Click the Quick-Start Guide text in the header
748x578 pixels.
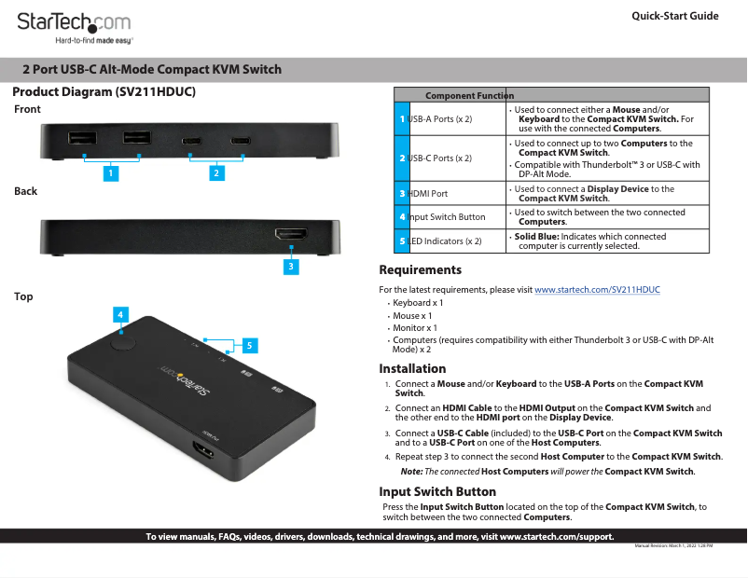point(674,16)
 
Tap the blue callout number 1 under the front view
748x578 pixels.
point(111,172)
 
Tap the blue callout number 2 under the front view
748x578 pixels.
point(216,172)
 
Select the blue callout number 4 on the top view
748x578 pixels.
point(121,315)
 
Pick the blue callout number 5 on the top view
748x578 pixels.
point(249,345)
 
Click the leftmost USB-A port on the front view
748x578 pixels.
point(82,139)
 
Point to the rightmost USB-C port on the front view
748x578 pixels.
point(241,142)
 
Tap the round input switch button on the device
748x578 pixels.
point(122,340)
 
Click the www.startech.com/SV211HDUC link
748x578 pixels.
point(597,290)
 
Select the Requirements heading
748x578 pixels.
point(420,270)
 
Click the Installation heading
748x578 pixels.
point(412,368)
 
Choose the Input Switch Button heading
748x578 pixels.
point(436,491)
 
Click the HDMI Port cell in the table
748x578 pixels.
point(428,194)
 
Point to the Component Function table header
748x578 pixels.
point(469,95)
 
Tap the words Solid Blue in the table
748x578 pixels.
point(535,237)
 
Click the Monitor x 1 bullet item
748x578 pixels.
point(415,328)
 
